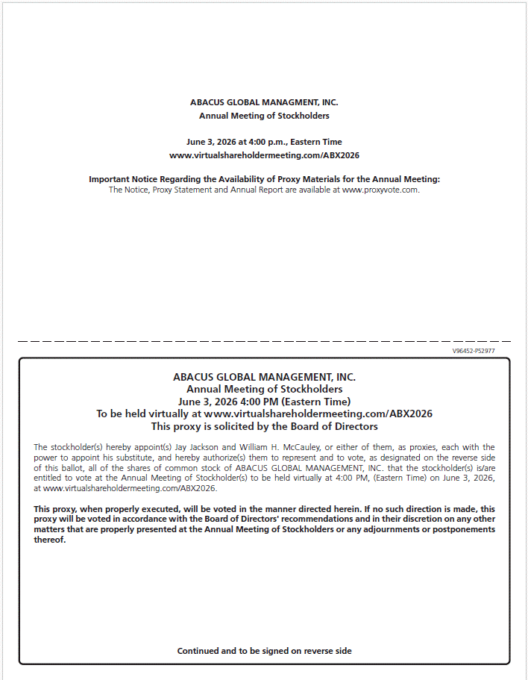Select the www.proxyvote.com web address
point(380,190)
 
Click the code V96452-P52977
point(474,350)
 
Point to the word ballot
point(71,468)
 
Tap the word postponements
point(462,530)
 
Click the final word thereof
point(50,540)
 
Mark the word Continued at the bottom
point(196,651)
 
